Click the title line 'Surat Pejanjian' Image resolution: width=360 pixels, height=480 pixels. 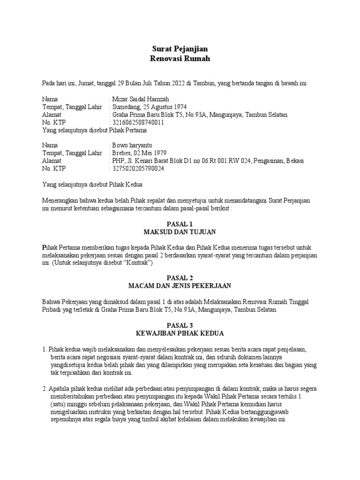[x=180, y=49]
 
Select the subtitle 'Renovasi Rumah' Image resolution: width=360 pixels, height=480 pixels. [x=180, y=59]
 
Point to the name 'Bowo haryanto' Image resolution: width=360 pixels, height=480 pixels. [x=132, y=145]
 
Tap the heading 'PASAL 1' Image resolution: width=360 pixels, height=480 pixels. [x=180, y=224]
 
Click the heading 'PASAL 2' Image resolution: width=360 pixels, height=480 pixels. [x=180, y=277]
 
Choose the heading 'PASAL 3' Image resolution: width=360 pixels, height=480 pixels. [x=180, y=325]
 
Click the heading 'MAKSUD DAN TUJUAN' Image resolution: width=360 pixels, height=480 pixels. [x=180, y=232]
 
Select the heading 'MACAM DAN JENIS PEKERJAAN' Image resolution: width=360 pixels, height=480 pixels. [x=180, y=285]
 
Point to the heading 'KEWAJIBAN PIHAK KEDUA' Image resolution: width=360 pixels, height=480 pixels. [x=180, y=333]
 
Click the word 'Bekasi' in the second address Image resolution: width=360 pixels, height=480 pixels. [x=293, y=160]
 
